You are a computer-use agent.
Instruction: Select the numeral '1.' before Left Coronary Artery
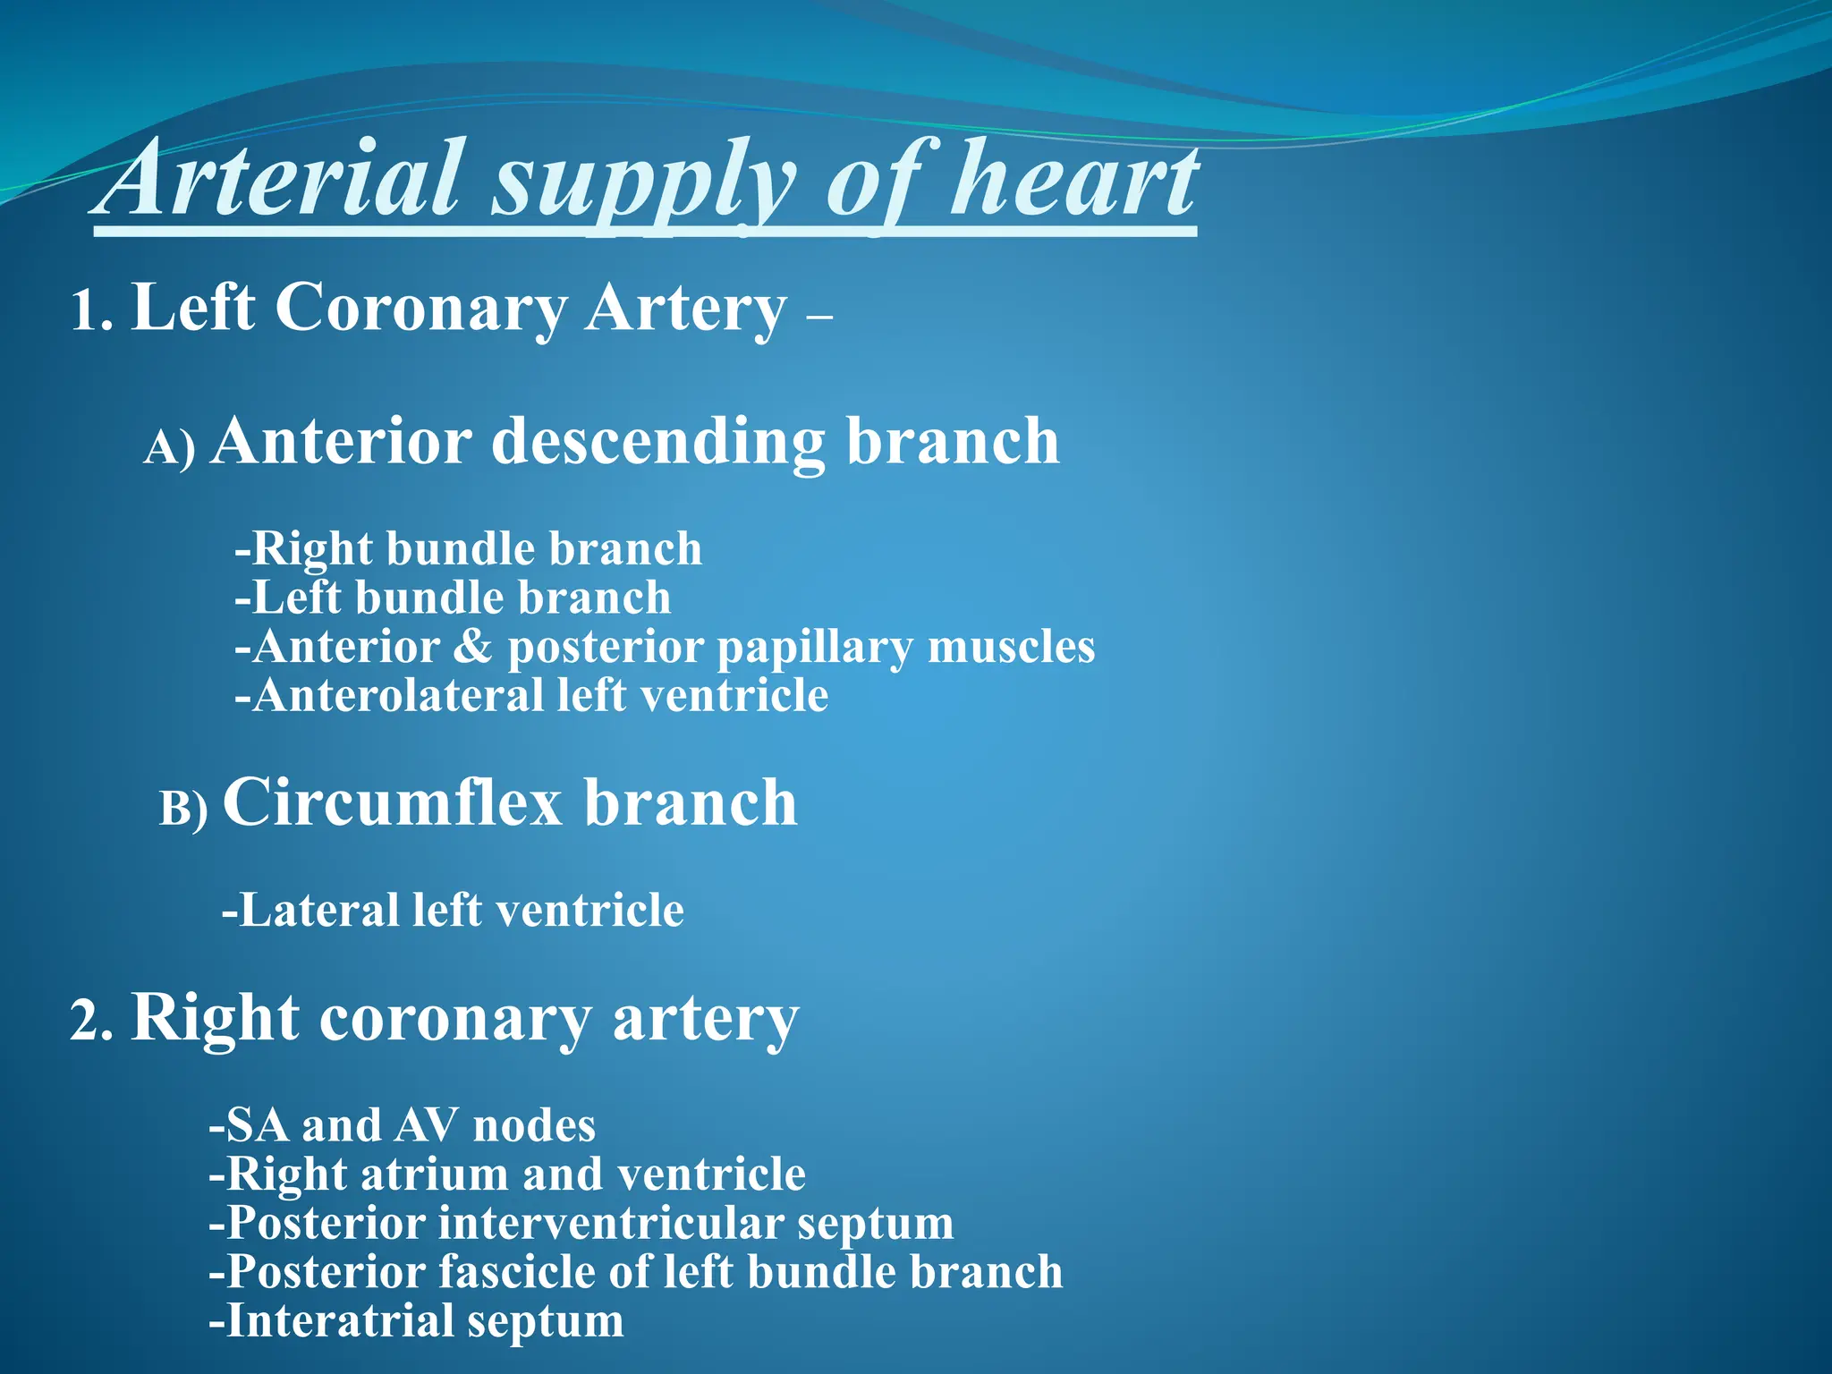[91, 311]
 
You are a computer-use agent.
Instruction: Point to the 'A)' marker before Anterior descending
[169, 446]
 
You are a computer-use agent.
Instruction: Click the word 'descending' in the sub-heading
[657, 443]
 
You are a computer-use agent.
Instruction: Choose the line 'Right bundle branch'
[468, 548]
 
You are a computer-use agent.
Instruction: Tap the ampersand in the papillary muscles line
[472, 647]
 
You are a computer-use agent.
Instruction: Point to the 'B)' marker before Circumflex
[183, 808]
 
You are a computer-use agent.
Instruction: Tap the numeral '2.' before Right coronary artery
[91, 1022]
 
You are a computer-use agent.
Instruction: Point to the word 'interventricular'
[610, 1224]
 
